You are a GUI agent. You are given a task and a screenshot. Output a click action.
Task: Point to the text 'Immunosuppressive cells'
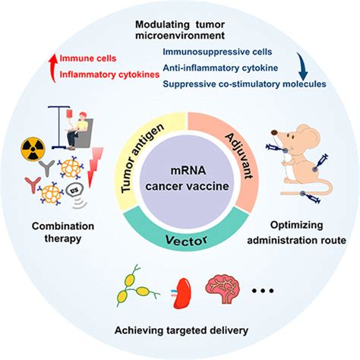point(212,52)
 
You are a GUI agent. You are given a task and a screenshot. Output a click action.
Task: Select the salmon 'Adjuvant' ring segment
point(227,152)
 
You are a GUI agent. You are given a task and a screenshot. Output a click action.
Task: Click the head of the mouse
point(286,148)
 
